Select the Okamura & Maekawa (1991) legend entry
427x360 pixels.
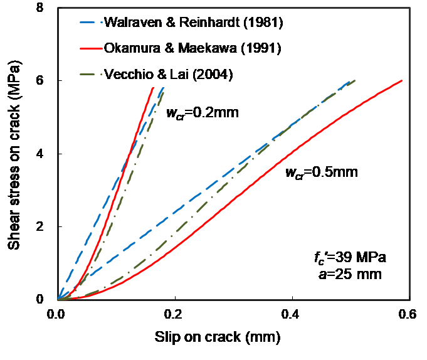click(x=176, y=50)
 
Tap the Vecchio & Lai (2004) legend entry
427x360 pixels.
click(x=169, y=74)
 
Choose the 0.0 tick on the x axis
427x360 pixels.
click(x=58, y=312)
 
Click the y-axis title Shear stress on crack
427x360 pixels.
click(x=14, y=154)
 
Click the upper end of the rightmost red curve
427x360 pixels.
click(x=401, y=81)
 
